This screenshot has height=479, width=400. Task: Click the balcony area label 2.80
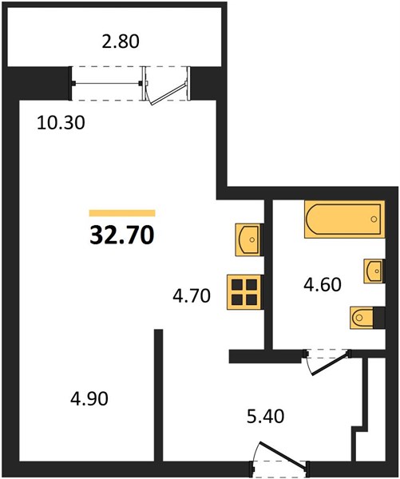(121, 42)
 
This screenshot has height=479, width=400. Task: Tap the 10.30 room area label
(61, 123)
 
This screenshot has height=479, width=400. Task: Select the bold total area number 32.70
(122, 236)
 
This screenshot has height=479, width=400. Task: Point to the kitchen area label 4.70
(192, 295)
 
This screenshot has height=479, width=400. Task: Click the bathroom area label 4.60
(322, 285)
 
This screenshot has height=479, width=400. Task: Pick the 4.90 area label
(89, 398)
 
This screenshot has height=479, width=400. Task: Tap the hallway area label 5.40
(266, 416)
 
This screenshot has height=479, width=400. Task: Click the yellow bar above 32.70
(122, 213)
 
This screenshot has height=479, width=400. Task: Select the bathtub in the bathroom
(344, 219)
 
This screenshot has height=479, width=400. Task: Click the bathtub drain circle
(374, 219)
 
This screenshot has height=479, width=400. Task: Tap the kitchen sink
(248, 239)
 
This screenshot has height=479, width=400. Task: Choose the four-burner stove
(244, 292)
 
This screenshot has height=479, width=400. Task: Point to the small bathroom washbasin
(373, 271)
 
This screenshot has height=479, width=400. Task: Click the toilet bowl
(362, 318)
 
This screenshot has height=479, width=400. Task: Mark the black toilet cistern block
(379, 318)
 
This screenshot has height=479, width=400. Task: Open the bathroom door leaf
(330, 363)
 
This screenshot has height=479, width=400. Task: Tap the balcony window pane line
(107, 83)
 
